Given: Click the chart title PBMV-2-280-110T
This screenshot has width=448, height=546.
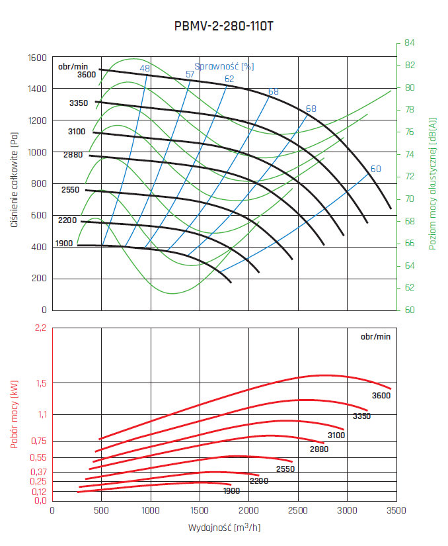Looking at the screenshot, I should pos(224,26).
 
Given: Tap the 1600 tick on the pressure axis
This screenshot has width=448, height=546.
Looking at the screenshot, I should pos(37,58).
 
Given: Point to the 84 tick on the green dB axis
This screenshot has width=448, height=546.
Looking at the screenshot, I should pos(410,43).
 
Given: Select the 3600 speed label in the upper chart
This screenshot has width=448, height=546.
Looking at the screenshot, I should pos(87,75).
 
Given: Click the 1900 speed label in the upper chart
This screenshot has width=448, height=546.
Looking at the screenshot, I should pos(64,244).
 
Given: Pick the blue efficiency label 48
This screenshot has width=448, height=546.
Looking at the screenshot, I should pos(145,69).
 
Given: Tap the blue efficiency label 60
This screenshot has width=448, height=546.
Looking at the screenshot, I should pos(375,169).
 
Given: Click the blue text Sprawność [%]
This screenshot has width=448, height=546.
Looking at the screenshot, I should pos(224,66).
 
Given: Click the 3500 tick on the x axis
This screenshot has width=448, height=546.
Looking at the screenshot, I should pos(395,510).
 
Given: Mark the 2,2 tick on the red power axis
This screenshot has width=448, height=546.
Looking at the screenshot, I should pos(41,328).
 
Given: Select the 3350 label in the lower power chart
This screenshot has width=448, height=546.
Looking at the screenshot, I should pos(361,416).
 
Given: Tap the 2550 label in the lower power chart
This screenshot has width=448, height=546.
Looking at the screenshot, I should pos(285,469).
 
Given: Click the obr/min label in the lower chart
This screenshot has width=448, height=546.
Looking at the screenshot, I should pos(375,336).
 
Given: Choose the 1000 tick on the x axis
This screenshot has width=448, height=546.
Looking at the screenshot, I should pos(151,510).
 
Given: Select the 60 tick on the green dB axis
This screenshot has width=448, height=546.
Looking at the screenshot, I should pos(410,310).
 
